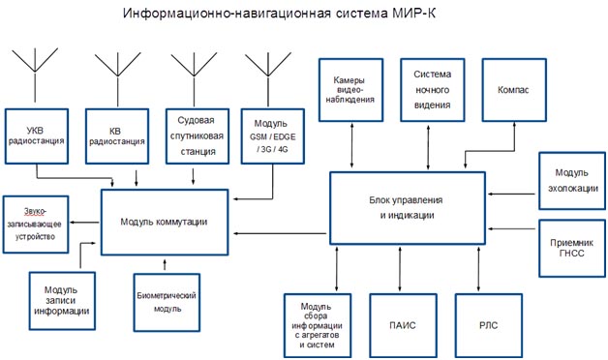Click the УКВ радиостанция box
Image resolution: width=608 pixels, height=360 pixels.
[37, 134]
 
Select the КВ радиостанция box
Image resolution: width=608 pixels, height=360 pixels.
[116, 134]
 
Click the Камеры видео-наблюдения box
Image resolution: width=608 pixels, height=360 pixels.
[348, 89]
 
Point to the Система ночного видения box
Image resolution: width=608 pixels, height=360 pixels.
[432, 89]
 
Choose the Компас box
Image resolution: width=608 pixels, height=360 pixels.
[514, 89]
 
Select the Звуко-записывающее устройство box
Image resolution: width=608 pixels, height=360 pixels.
[37, 223]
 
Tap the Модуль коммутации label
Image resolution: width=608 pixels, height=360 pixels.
[164, 222]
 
